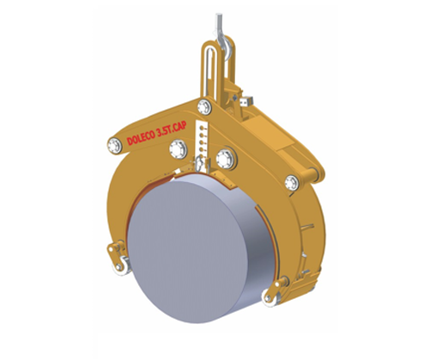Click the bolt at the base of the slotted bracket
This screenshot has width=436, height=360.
pos(204,107)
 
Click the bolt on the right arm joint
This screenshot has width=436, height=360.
pos(294,180)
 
